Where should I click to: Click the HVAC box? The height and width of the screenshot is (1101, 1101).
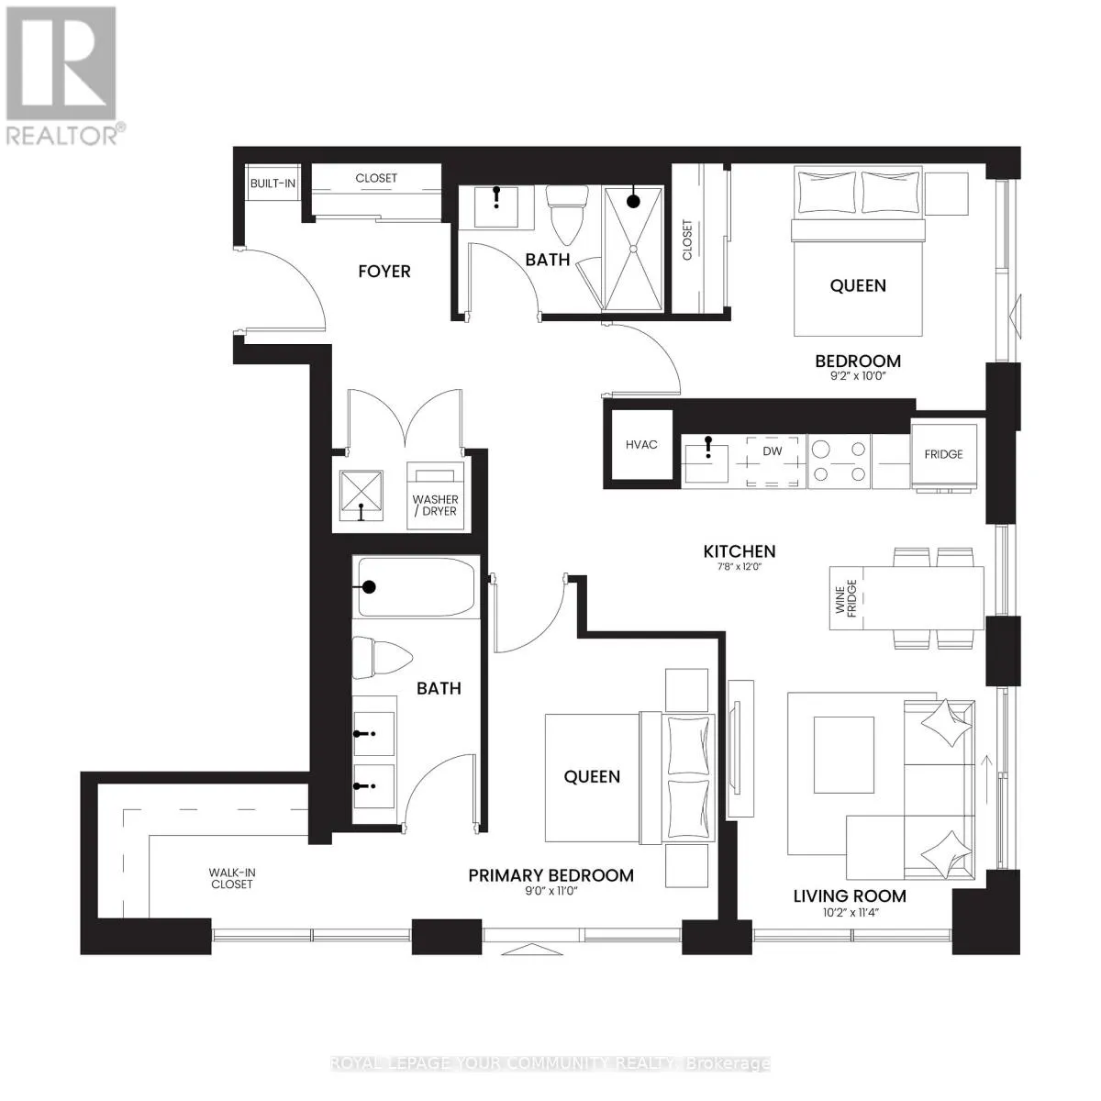[641, 445]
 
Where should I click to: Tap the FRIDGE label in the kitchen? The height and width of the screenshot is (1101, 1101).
[943, 454]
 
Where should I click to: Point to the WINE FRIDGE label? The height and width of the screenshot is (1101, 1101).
[845, 598]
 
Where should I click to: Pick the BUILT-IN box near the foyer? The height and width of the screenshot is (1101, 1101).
[272, 183]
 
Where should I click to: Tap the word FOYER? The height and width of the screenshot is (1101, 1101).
[384, 272]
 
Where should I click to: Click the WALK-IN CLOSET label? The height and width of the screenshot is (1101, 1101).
[230, 878]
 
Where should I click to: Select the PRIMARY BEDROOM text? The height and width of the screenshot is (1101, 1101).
[550, 875]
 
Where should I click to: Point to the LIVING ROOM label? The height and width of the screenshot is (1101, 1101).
[850, 896]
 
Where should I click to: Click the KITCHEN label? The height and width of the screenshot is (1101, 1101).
[740, 551]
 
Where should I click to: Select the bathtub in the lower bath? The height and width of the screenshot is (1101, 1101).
[417, 587]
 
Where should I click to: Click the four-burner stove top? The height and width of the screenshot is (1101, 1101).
[839, 462]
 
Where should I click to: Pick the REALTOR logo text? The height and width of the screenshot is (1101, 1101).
[61, 135]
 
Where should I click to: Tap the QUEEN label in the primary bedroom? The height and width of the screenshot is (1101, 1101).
[592, 777]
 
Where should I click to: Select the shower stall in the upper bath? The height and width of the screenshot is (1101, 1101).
[632, 248]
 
